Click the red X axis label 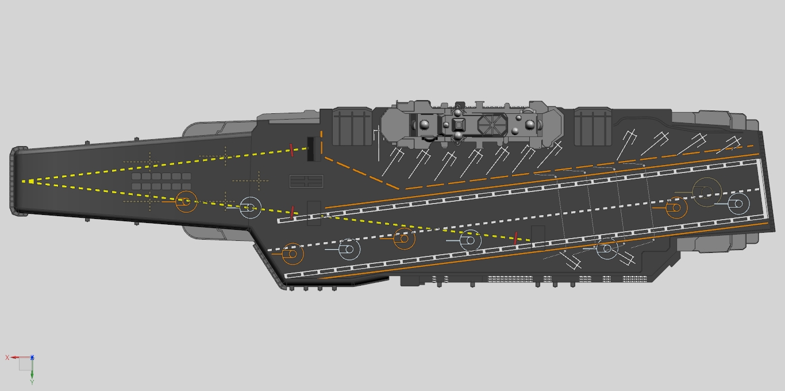point(7,358)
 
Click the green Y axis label point(32,382)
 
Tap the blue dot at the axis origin point(32,357)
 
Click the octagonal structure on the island point(492,125)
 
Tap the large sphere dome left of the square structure point(424,125)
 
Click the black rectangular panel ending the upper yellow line point(310,149)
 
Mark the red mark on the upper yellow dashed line point(291,150)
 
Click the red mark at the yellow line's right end point(515,238)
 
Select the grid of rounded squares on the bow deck point(161,181)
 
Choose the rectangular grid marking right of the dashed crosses point(306,182)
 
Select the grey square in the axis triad point(25,365)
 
